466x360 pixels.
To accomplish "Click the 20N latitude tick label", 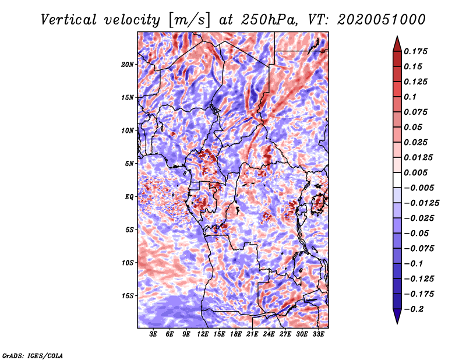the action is click(x=128, y=64).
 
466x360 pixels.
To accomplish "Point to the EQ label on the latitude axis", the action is click(x=129, y=196).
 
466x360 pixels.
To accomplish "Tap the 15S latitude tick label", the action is click(x=128, y=296).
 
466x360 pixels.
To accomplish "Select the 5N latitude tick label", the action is click(x=129, y=164).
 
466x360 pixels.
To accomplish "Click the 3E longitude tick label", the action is click(x=153, y=334).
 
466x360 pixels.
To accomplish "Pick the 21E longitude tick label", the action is click(x=252, y=334).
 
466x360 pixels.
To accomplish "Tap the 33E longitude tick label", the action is click(x=318, y=334).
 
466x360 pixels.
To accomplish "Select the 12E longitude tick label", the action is click(x=203, y=334).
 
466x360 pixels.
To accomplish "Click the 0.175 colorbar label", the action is click(x=415, y=51).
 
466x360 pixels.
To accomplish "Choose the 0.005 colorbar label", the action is click(x=415, y=172).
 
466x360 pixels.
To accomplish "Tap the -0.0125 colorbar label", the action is click(x=421, y=203).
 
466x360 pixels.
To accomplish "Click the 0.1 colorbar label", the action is click(x=410, y=97).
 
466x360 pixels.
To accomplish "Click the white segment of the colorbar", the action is click(x=397, y=180).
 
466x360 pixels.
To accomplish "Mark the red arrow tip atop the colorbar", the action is click(x=397, y=36).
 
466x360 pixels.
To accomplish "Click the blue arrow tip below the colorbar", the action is click(x=397, y=323).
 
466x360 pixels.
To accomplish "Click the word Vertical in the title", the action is click(x=69, y=20).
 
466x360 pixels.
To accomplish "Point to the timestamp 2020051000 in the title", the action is click(x=382, y=20).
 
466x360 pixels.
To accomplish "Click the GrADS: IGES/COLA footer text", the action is click(x=33, y=355).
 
